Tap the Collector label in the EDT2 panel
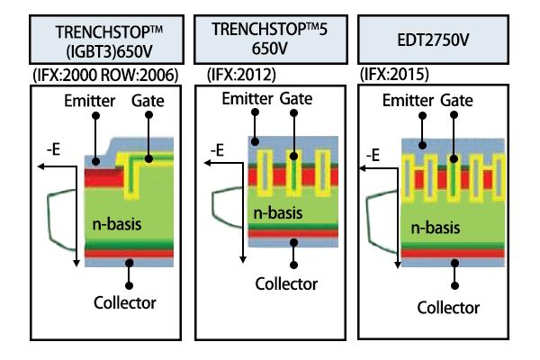446,307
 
